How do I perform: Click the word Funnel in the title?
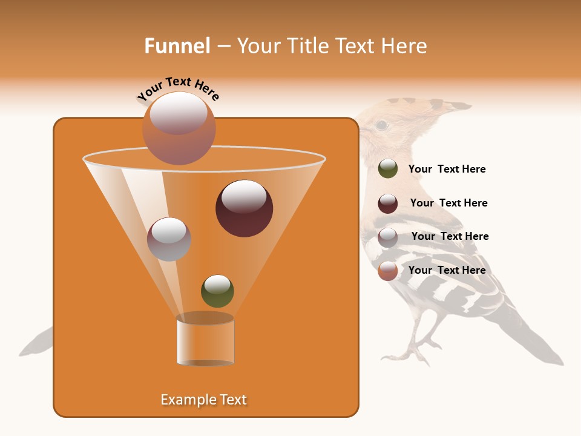177,46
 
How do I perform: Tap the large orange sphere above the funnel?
179,128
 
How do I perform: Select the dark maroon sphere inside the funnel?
244,208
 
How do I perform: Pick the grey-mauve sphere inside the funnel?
169,239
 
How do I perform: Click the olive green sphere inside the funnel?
217,291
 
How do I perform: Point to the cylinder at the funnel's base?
205,340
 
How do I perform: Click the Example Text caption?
203,400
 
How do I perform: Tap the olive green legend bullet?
387,169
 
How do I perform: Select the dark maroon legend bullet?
387,203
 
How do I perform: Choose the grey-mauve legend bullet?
387,237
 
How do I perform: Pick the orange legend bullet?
387,271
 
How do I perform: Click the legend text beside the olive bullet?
447,169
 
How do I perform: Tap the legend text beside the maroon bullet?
448,203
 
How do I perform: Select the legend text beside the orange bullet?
447,270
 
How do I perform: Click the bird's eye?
381,125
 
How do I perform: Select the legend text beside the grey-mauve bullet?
450,236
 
